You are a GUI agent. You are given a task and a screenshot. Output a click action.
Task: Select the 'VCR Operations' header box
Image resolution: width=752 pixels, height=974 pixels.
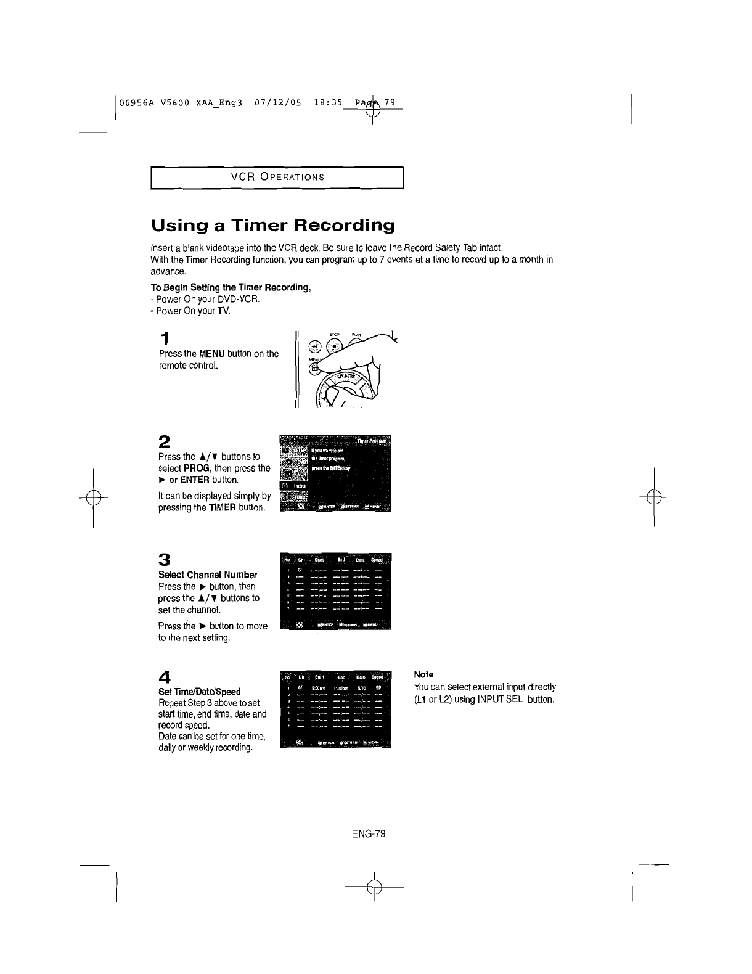click(x=277, y=178)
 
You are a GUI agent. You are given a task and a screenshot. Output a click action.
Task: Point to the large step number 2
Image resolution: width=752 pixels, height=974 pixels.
click(x=164, y=441)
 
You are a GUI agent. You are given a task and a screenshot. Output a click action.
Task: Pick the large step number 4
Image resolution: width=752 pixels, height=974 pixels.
click(x=164, y=677)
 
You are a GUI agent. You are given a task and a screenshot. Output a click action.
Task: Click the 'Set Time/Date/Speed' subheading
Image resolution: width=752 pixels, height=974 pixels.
click(x=199, y=692)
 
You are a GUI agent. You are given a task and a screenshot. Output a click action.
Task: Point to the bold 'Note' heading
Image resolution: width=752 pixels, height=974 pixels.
click(x=423, y=674)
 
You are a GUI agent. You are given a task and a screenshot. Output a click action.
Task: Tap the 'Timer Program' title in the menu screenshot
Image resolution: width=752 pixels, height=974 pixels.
click(x=373, y=441)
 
